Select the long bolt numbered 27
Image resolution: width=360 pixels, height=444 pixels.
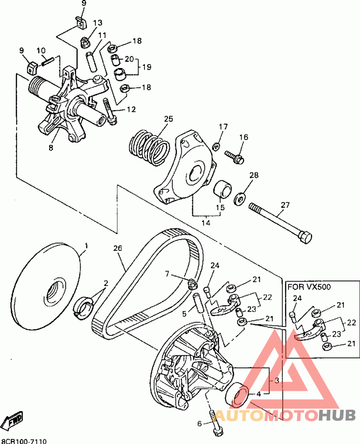coord(279,220)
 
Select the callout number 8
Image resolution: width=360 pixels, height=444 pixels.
coord(51,148)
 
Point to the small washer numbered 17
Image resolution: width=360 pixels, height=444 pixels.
coord(216,146)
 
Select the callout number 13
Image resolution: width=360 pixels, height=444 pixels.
coord(98,23)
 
